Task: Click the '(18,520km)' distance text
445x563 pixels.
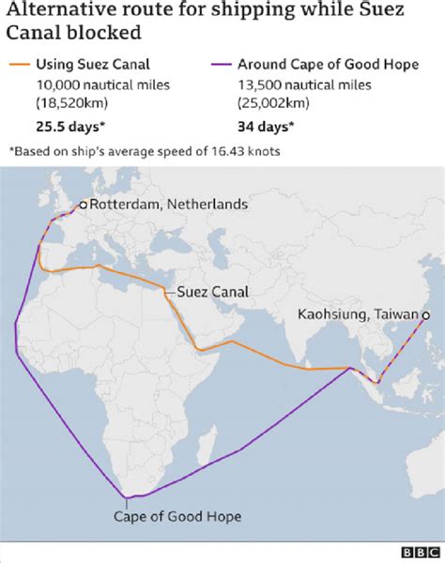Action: point(70,101)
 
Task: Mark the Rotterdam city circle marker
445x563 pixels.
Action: point(84,204)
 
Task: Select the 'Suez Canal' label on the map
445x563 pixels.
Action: point(213,292)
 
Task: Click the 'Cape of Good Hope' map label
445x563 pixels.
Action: point(177,516)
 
